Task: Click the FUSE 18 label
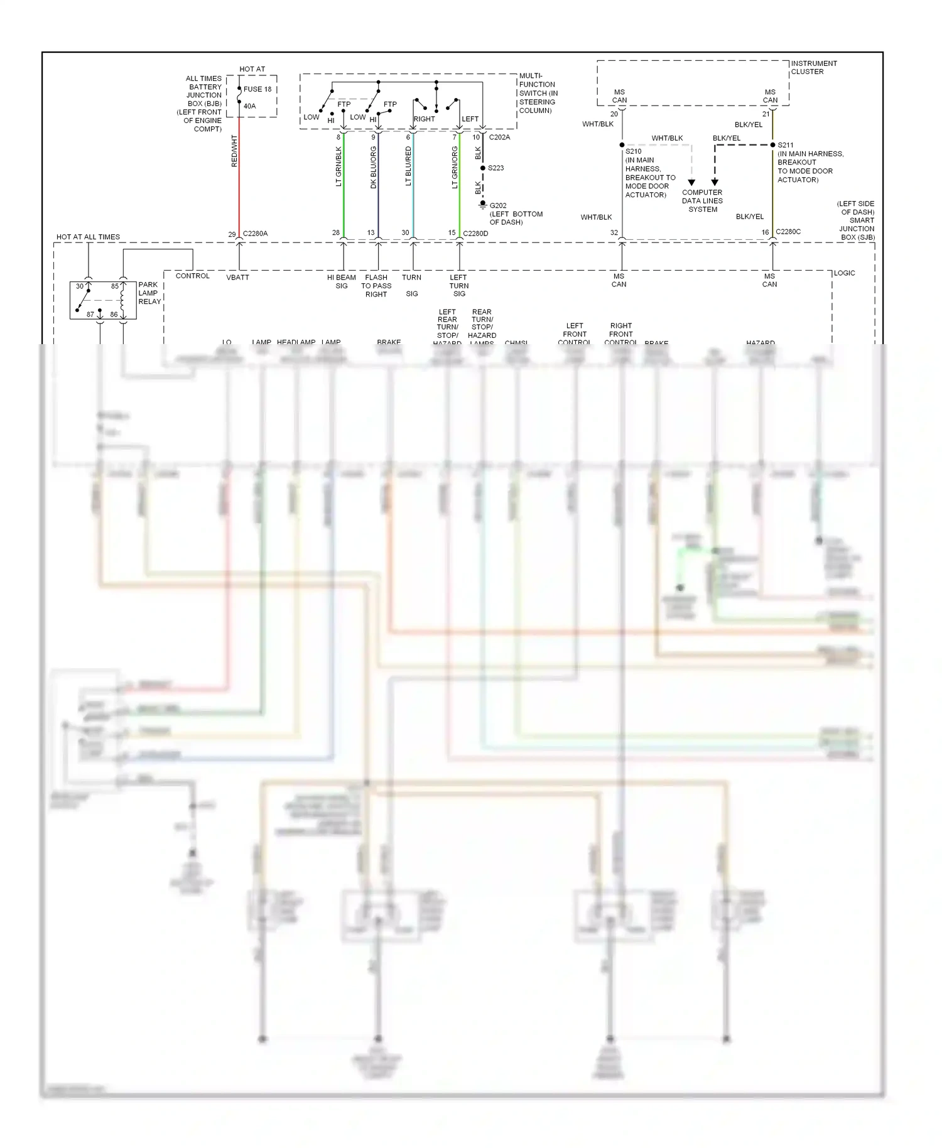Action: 257,89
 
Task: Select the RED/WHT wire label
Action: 234,151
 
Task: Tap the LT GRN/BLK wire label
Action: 338,167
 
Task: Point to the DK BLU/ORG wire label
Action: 373,168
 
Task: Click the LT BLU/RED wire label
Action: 408,167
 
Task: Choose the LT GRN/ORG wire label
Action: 455,168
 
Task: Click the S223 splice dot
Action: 482,168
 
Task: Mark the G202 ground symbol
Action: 483,205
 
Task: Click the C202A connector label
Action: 499,137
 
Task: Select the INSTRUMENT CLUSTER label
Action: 814,67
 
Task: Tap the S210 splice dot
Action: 622,145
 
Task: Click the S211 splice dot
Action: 772,145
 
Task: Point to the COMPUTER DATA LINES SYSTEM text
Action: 702,201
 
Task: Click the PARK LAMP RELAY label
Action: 149,293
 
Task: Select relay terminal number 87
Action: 90,315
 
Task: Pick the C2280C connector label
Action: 788,232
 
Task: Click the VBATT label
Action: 237,277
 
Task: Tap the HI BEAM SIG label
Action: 341,281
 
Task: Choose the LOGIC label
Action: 844,273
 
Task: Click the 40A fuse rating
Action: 250,106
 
